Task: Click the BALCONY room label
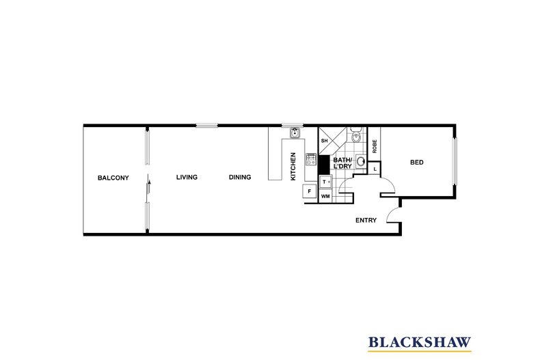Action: [113, 178]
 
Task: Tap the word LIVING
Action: [187, 178]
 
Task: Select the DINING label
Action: [240, 178]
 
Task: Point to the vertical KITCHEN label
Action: [294, 166]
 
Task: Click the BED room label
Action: [417, 163]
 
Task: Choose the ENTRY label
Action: [366, 221]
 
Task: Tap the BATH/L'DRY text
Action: [342, 163]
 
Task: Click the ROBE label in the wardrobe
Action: [375, 145]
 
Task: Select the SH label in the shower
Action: [325, 141]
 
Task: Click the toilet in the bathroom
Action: [355, 134]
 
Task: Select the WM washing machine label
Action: [325, 196]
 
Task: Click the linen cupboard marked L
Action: [375, 168]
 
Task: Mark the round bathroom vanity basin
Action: [360, 162]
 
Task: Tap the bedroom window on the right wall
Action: [455, 161]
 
